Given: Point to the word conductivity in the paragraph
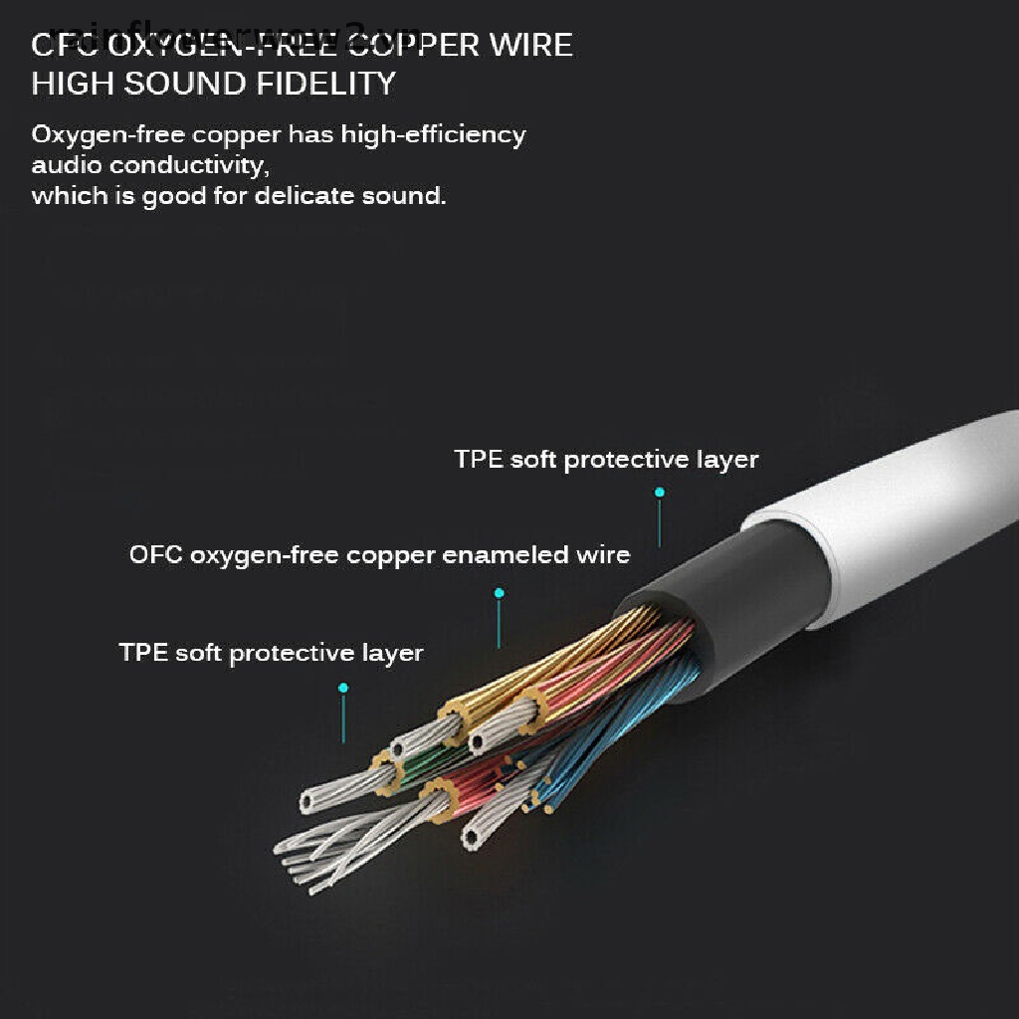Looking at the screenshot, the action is coord(189,164).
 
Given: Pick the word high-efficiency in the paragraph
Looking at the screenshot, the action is coord(433,134).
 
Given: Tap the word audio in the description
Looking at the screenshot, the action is coord(67,164).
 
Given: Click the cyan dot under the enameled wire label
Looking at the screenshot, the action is coord(500,593).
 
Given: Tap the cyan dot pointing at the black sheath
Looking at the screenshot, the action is coord(659,492).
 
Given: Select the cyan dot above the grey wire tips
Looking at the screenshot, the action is coord(343,688).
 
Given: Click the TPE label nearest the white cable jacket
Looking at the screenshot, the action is coord(606,460).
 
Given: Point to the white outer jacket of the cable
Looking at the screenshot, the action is coord(896,517).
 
